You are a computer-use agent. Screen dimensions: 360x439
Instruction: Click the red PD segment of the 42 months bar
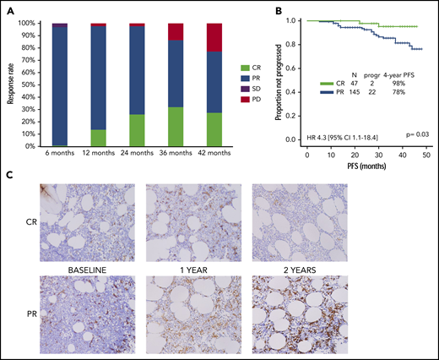(215, 37)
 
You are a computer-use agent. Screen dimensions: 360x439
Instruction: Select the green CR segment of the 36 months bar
(176, 126)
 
